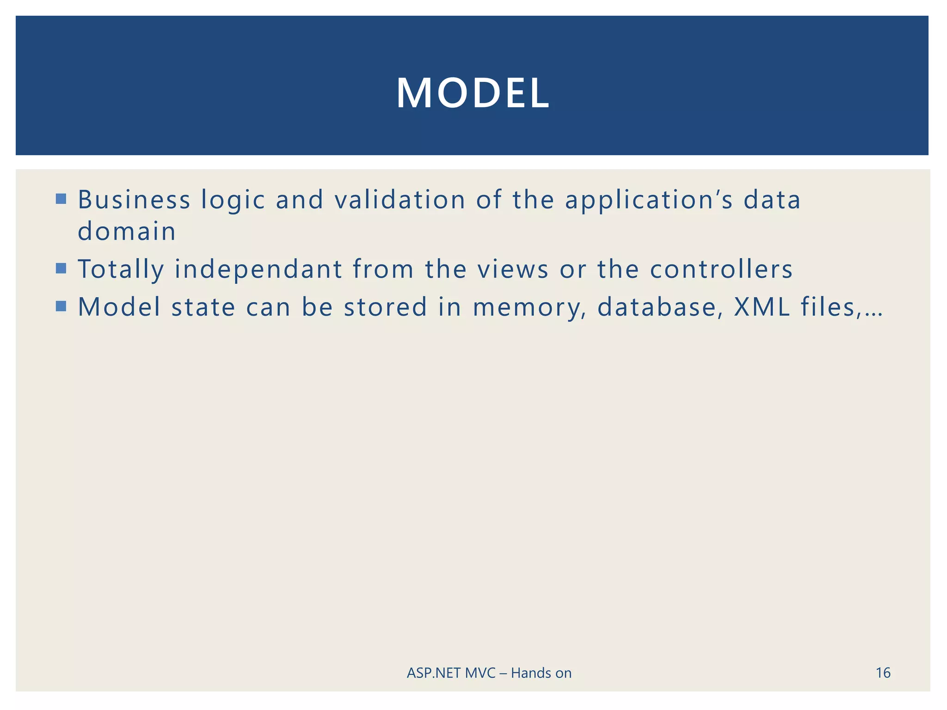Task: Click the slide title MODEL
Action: pyautogui.click(x=473, y=93)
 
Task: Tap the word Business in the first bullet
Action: pyautogui.click(x=134, y=200)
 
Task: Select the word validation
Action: pyautogui.click(x=400, y=200)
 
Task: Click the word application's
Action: pyautogui.click(x=649, y=201)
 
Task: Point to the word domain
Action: pyautogui.click(x=127, y=231)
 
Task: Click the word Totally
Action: pyautogui.click(x=121, y=269)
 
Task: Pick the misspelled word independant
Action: pyautogui.click(x=258, y=269)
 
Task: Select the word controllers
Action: pyautogui.click(x=721, y=269)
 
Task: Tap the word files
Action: pyautogui.click(x=830, y=307)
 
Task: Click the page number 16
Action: pyautogui.click(x=883, y=673)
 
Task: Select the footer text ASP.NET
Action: pyautogui.click(x=434, y=673)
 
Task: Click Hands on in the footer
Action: pyautogui.click(x=541, y=673)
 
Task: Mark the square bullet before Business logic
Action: pyautogui.click(x=61, y=199)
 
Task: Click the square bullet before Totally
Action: pyautogui.click(x=61, y=269)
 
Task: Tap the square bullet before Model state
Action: pyautogui.click(x=61, y=306)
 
